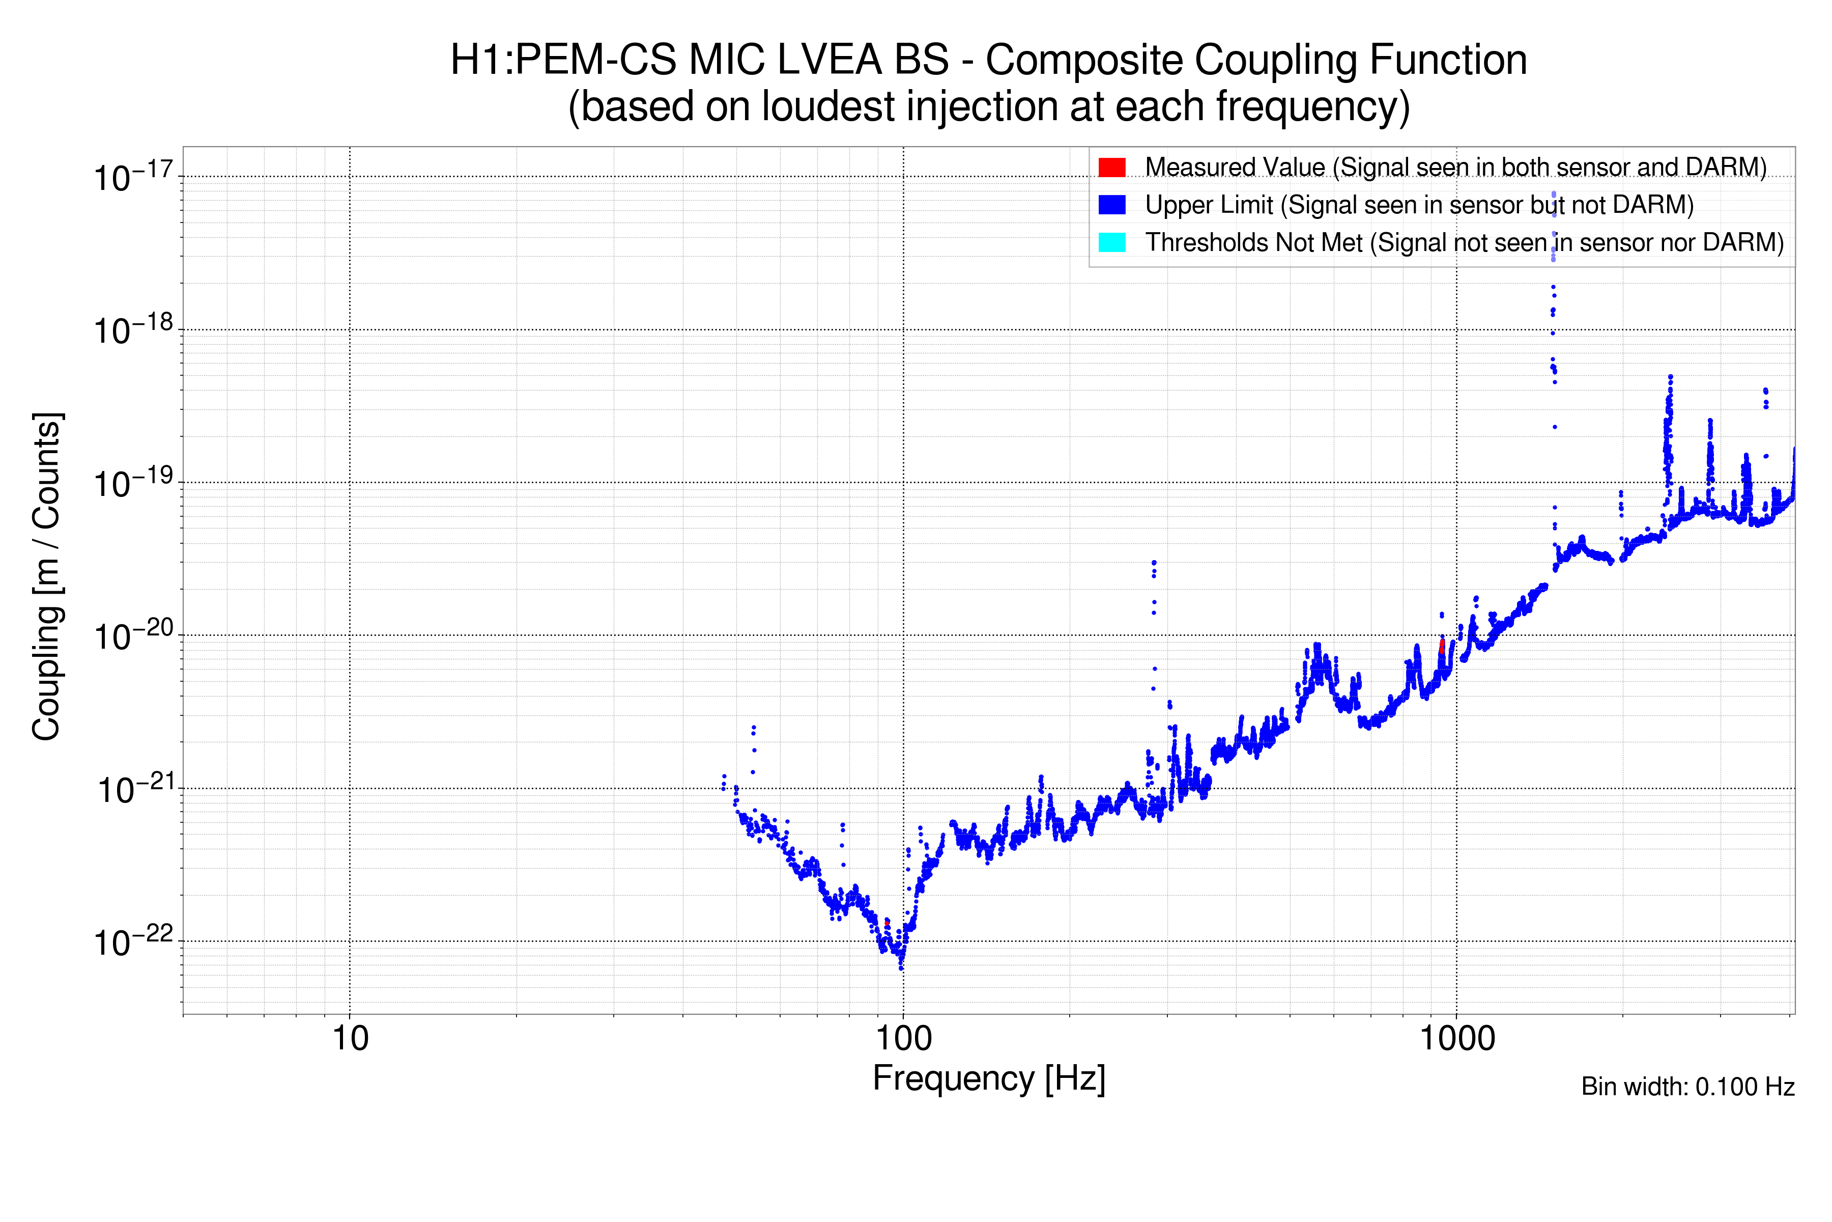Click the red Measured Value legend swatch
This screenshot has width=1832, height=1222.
click(1111, 167)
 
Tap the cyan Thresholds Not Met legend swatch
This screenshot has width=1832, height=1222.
click(1111, 242)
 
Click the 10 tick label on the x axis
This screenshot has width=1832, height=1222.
click(350, 1039)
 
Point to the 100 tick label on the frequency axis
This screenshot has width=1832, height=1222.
click(903, 1039)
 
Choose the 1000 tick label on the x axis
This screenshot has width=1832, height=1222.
click(1456, 1039)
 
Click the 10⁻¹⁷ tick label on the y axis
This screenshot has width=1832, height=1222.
click(132, 177)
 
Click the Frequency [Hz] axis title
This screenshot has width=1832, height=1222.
click(988, 1078)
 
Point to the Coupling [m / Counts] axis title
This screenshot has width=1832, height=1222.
click(47, 577)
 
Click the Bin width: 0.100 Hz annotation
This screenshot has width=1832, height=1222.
click(1687, 1087)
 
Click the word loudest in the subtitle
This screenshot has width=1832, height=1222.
click(828, 107)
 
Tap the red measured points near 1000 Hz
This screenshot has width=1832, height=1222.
click(1442, 647)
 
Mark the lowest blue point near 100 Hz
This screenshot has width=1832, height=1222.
click(901, 967)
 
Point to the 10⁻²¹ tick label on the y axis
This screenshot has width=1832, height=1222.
click(132, 789)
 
